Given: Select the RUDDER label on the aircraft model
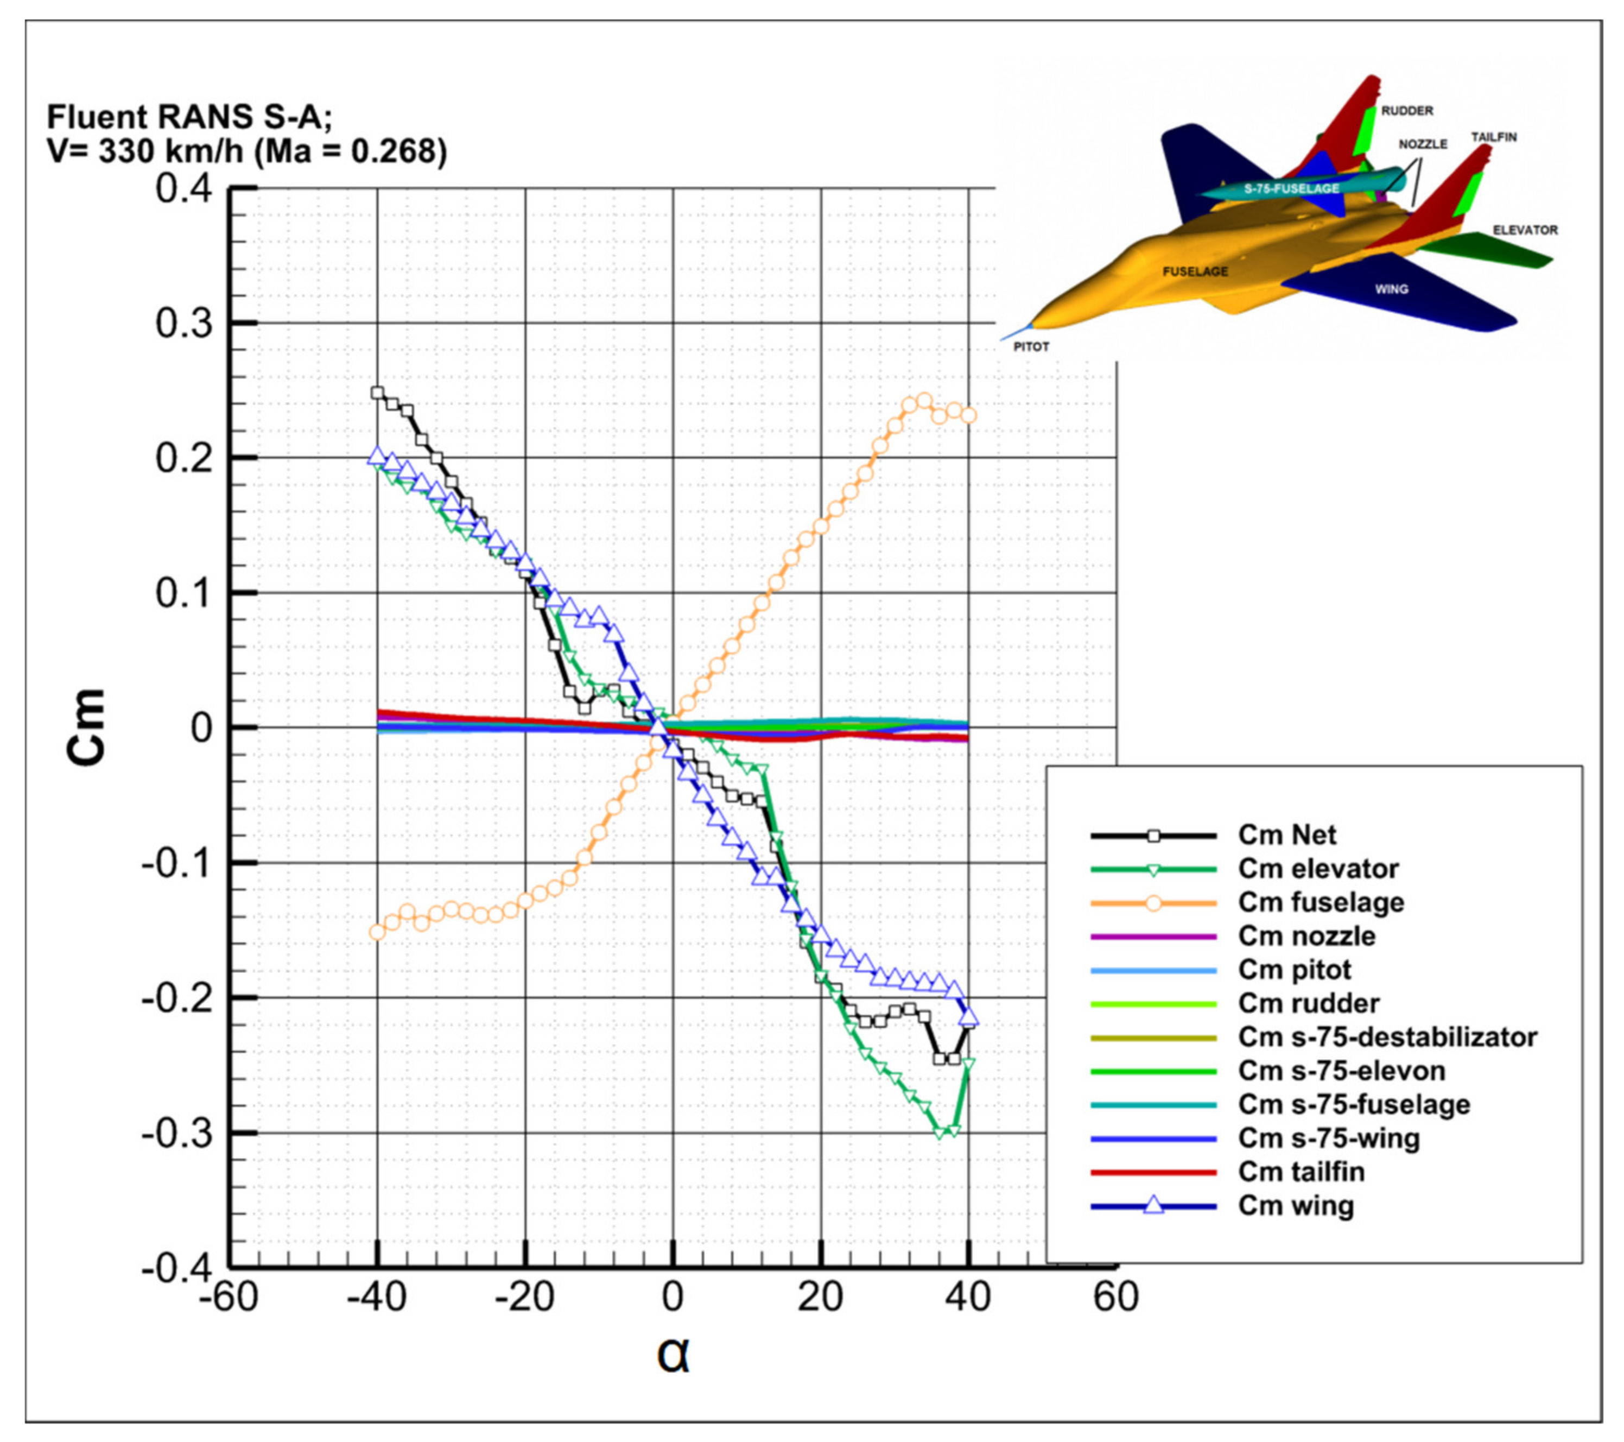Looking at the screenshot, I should (1407, 111).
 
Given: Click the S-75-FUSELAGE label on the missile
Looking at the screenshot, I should (1291, 188).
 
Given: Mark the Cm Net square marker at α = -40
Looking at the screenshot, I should (377, 393).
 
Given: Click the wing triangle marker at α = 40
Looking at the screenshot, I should (968, 1017).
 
